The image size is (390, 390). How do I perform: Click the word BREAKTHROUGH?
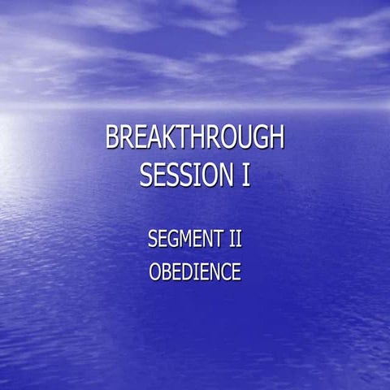[195, 139]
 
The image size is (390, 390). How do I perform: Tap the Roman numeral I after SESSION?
[245, 175]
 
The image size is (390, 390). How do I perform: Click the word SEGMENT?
[184, 240]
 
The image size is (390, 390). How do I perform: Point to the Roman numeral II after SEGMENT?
[235, 240]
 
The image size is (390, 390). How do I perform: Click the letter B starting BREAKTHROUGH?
[112, 139]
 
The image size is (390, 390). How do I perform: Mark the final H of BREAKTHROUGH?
[275, 139]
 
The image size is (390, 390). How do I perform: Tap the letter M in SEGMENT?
[189, 240]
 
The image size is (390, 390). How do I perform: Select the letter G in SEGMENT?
[175, 240]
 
